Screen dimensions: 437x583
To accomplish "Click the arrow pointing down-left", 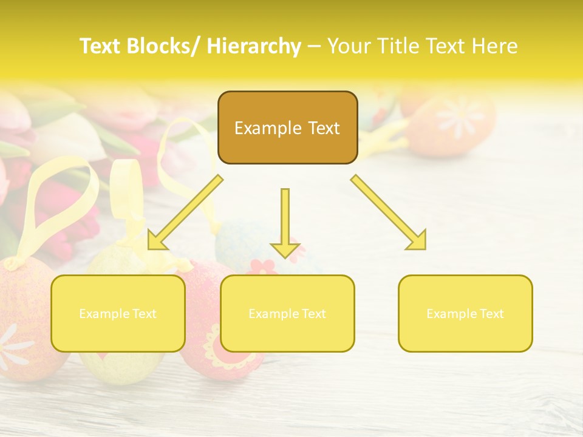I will [185, 212].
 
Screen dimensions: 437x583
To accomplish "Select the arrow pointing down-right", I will [389, 212].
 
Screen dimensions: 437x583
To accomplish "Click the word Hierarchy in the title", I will [254, 46].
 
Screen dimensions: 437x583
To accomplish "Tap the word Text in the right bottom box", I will [491, 314].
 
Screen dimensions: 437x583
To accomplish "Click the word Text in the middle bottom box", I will [313, 314].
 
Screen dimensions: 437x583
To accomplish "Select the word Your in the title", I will [350, 46].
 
